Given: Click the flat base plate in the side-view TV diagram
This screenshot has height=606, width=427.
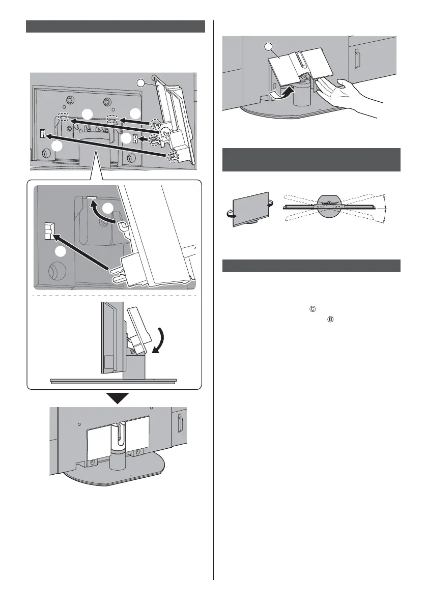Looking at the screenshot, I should [113, 380].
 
